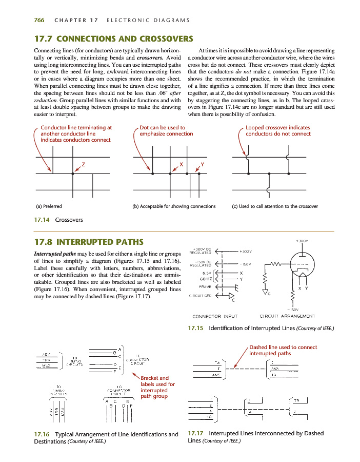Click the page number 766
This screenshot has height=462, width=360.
[38, 20]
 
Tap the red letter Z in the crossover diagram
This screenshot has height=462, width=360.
[83, 164]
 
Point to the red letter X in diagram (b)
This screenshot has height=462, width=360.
[181, 164]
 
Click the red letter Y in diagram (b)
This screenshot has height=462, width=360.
[202, 164]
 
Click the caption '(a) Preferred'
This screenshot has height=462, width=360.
[49, 206]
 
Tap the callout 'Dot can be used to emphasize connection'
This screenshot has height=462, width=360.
[166, 130]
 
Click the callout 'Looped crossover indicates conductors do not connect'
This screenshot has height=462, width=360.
[278, 130]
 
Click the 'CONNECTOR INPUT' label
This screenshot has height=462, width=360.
[214, 316]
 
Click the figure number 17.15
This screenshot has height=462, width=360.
[196, 329]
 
